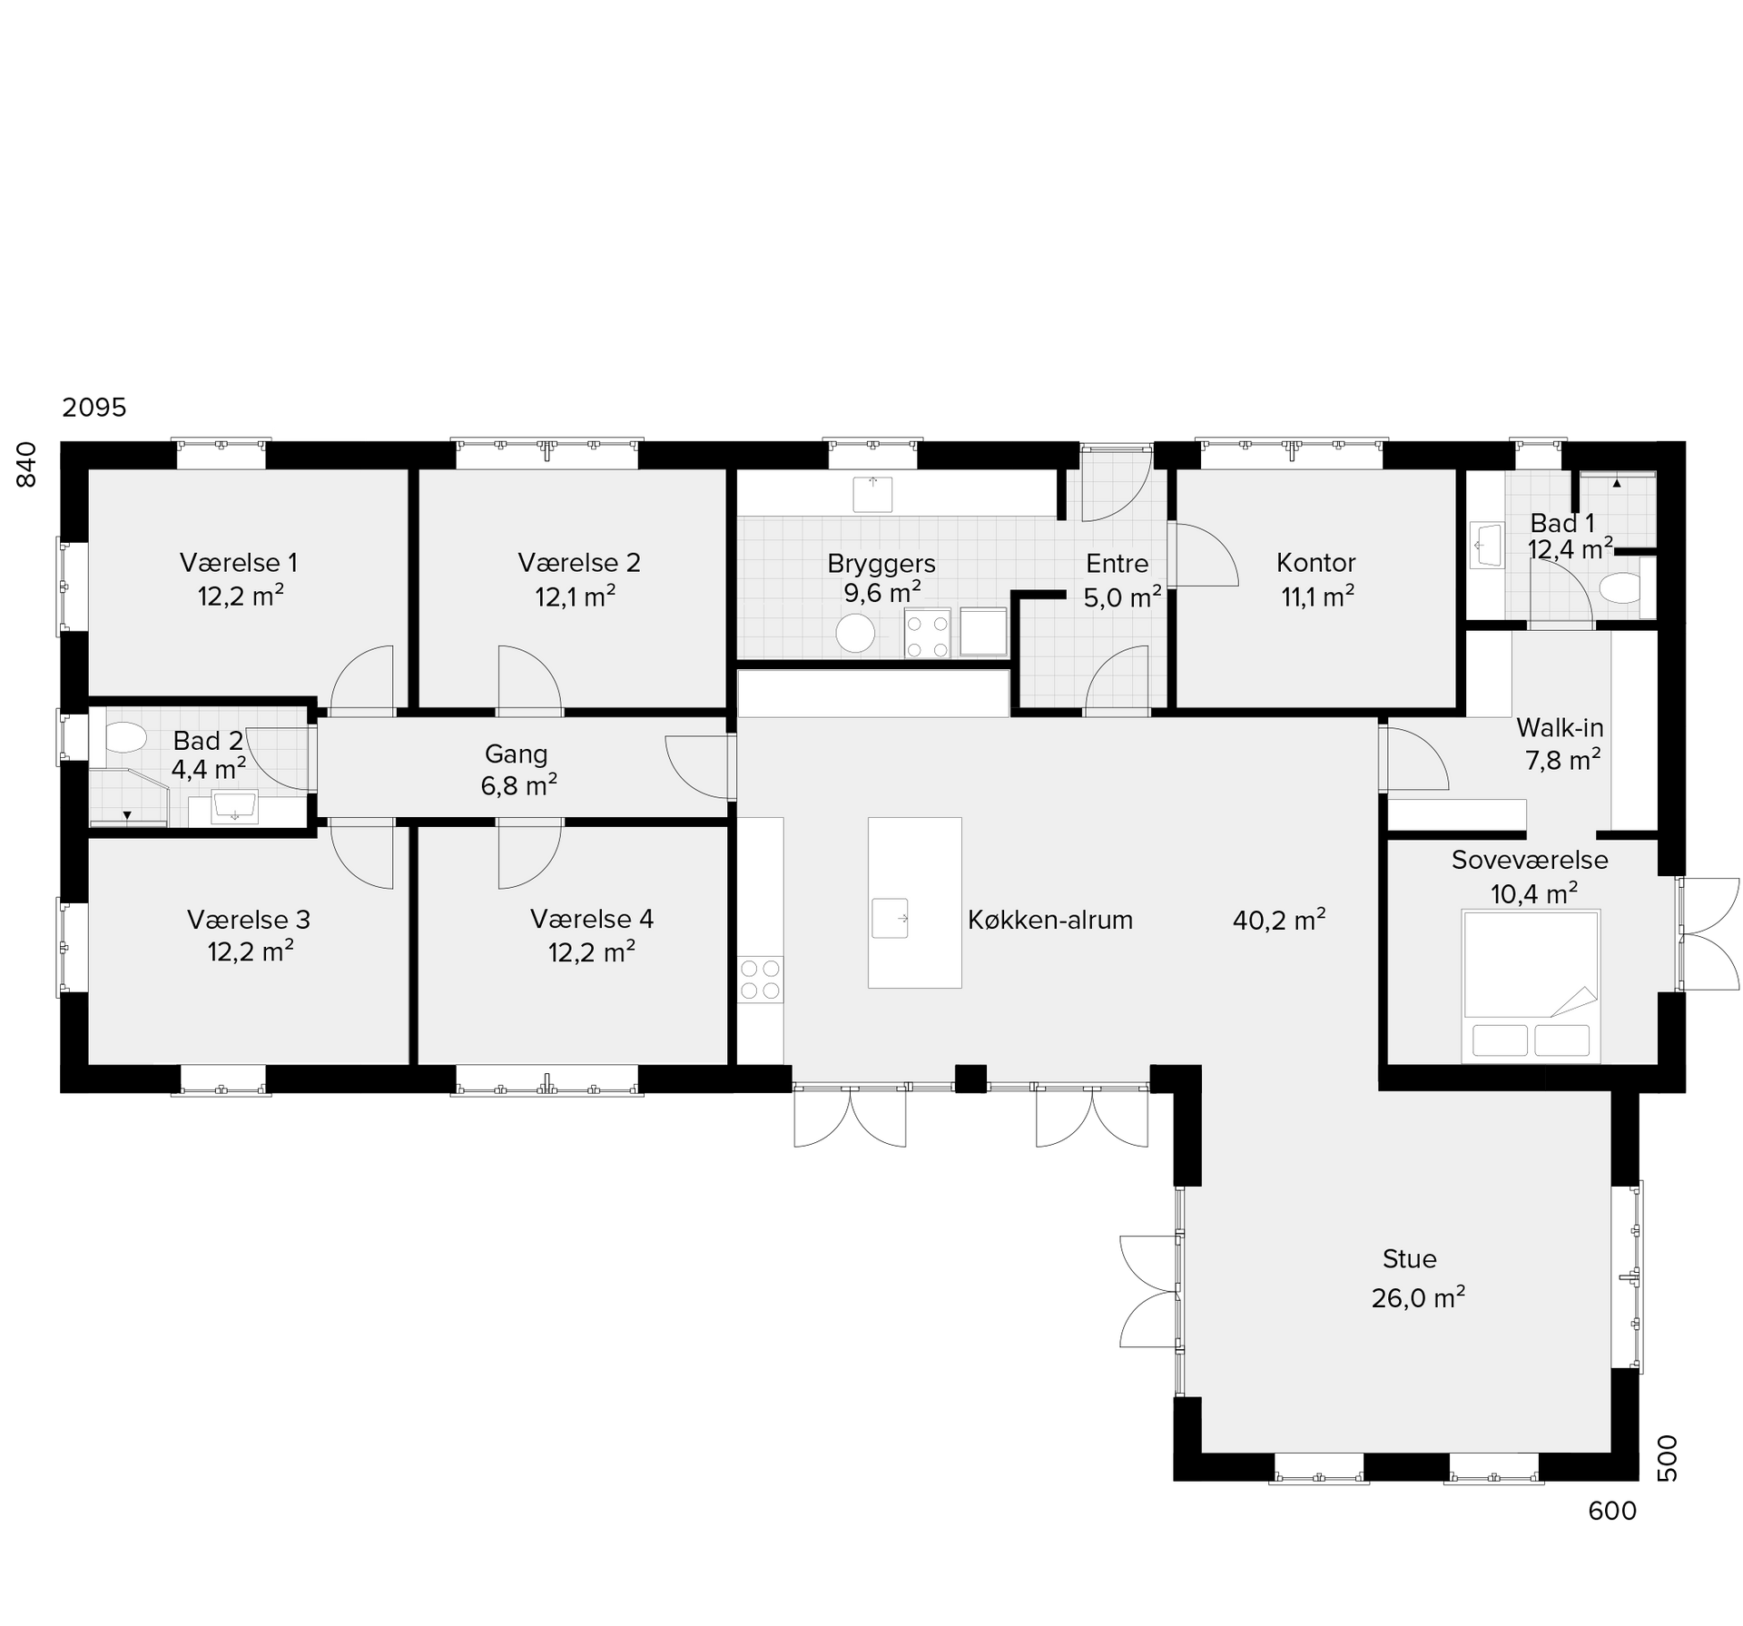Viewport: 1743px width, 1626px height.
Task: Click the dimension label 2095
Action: (94, 408)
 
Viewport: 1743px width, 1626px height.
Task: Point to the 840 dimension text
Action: (27, 464)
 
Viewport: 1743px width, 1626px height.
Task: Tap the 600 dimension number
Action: (1612, 1511)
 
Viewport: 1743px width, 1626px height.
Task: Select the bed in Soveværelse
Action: (1531, 985)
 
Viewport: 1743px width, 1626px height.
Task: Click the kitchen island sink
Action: (890, 918)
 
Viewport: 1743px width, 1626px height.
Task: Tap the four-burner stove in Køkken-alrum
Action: (760, 979)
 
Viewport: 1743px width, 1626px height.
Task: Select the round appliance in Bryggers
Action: (855, 633)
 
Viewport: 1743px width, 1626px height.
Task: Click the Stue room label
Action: (1409, 1259)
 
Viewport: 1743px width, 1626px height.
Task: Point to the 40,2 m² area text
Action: (1279, 920)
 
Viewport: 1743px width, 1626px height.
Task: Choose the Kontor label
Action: (1315, 563)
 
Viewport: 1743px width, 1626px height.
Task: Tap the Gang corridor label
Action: (516, 754)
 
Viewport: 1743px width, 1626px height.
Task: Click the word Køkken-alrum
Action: (1050, 921)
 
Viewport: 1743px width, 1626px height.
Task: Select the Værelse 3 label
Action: (249, 921)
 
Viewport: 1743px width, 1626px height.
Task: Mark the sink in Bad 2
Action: (235, 806)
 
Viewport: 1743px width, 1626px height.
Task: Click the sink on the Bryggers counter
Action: (872, 494)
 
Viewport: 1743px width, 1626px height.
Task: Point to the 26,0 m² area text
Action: (1418, 1297)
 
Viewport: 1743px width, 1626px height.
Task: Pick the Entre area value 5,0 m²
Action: (1122, 597)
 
